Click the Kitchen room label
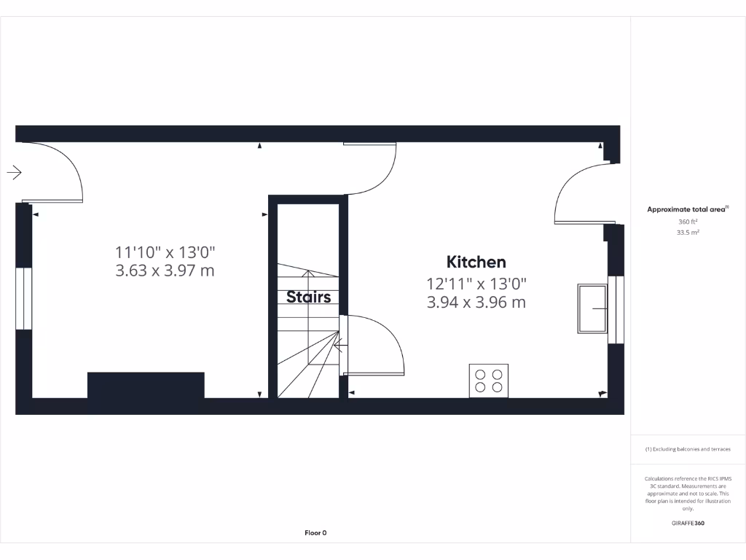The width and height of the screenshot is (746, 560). pos(476,262)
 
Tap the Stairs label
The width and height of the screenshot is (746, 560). pos(308,297)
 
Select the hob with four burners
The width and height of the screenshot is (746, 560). pos(488,380)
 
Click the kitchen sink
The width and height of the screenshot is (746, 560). pos(592,308)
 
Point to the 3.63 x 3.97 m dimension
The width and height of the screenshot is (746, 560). pos(165,271)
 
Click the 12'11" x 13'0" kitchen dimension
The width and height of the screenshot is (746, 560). pos(476,284)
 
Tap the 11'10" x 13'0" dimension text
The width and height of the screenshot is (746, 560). pos(165,252)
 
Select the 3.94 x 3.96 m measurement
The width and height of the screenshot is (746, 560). pos(476,302)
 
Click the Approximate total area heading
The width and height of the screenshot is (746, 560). pos(687,209)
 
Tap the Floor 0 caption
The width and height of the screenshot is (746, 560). pos(315,533)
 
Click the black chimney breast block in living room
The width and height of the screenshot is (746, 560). pos(146,385)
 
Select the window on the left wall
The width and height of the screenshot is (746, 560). pos(24,299)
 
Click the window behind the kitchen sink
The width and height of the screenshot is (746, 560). pos(617,309)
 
